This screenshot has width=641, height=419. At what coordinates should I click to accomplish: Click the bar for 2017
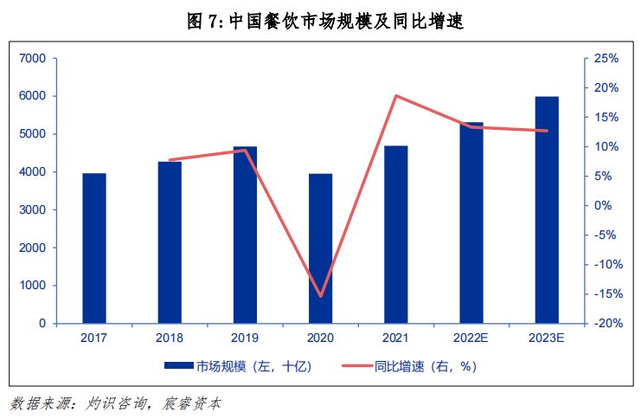click(x=94, y=248)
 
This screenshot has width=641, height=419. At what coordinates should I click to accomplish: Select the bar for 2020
click(x=320, y=248)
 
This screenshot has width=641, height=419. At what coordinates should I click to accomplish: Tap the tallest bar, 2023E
click(x=547, y=210)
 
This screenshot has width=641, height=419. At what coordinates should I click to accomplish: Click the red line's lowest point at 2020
click(x=321, y=296)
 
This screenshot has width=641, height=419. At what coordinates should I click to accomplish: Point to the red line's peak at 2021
click(x=396, y=95)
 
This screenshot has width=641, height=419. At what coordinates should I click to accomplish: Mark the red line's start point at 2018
click(x=170, y=160)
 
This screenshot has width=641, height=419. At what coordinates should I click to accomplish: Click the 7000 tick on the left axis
click(x=32, y=59)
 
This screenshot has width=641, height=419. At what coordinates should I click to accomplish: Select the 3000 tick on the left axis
click(x=32, y=210)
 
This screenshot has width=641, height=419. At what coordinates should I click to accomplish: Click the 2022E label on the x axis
click(x=471, y=338)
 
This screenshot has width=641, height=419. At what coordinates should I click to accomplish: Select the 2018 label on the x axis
click(x=170, y=338)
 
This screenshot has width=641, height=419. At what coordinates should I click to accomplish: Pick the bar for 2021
click(x=396, y=235)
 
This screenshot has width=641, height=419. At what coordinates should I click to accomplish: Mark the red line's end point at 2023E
click(x=547, y=131)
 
